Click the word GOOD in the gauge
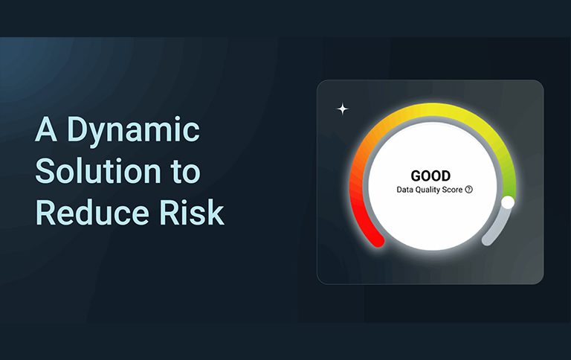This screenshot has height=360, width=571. point(430,176)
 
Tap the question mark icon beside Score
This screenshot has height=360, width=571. point(469,190)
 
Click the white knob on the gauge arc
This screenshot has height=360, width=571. point(508,202)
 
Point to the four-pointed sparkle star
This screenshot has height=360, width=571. point(342,109)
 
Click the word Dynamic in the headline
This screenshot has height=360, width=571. point(133,130)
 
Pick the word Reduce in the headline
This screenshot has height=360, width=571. point(92,213)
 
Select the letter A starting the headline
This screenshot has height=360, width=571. point(46,129)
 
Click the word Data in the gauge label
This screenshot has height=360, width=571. point(404,190)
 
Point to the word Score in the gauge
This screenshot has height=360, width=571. point(452,190)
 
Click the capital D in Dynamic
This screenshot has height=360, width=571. point(77,129)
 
